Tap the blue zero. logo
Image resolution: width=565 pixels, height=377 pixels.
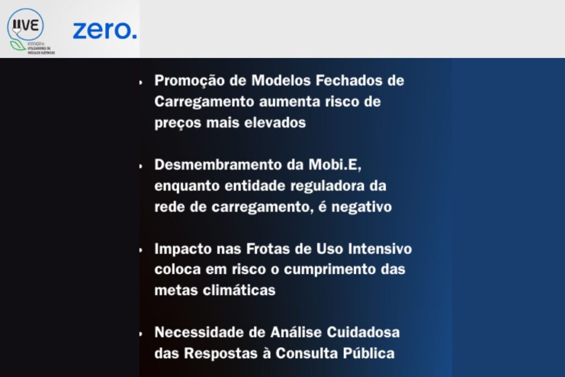tap(104, 30)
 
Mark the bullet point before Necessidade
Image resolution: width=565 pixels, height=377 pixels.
tap(141, 333)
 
